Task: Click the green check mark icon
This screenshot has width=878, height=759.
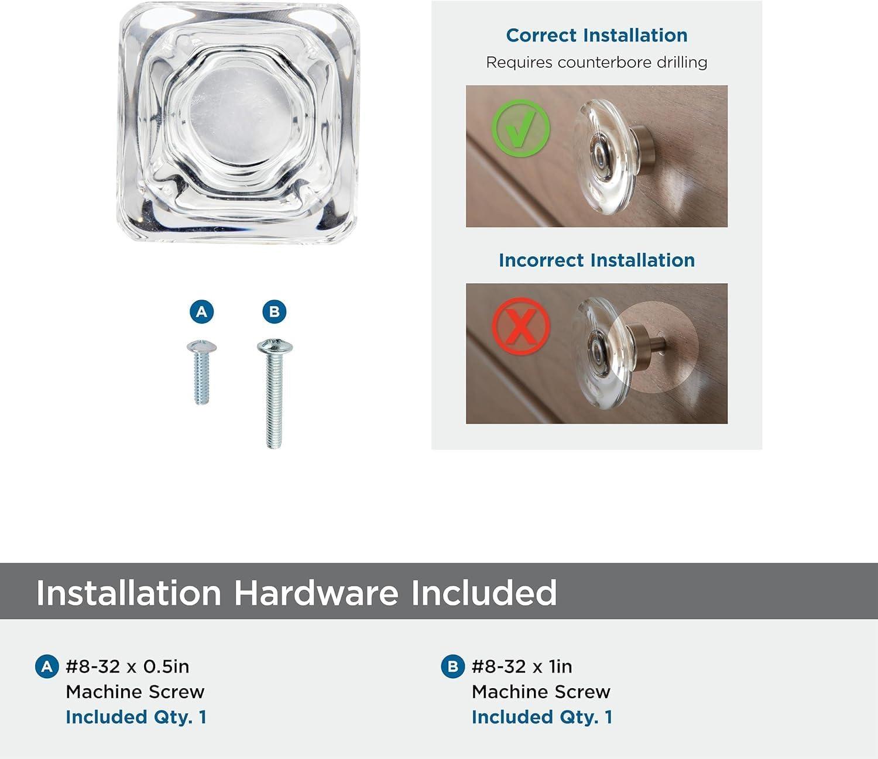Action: click(x=520, y=129)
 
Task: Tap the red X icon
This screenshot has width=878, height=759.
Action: click(x=520, y=325)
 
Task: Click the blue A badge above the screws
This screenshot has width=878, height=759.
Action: click(x=202, y=311)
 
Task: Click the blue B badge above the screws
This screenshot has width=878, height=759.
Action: click(x=274, y=311)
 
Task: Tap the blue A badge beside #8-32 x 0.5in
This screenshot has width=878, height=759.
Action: click(x=47, y=667)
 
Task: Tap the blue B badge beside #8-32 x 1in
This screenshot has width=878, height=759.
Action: click(x=452, y=667)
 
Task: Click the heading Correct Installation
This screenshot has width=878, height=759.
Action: click(x=596, y=36)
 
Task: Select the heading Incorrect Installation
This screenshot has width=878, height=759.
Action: click(x=596, y=260)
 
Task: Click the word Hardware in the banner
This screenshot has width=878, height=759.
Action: click(x=316, y=592)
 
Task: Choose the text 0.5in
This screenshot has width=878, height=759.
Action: click(x=166, y=667)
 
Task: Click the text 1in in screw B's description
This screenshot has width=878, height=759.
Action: click(x=560, y=667)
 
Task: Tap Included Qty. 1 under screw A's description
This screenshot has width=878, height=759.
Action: click(x=136, y=717)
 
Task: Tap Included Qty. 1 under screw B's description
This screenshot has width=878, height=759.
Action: click(x=542, y=717)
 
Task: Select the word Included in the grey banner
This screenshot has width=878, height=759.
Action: click(x=483, y=592)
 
